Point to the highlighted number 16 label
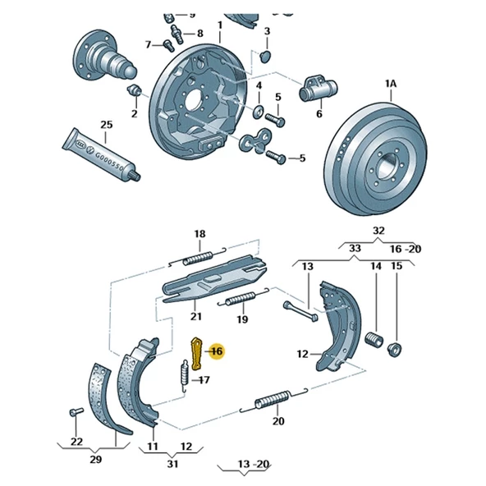tap(216, 351)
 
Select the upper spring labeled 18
tap(199, 258)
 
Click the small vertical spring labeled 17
tap(185, 377)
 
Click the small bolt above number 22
tap(76, 410)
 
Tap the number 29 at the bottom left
tap(95, 460)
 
